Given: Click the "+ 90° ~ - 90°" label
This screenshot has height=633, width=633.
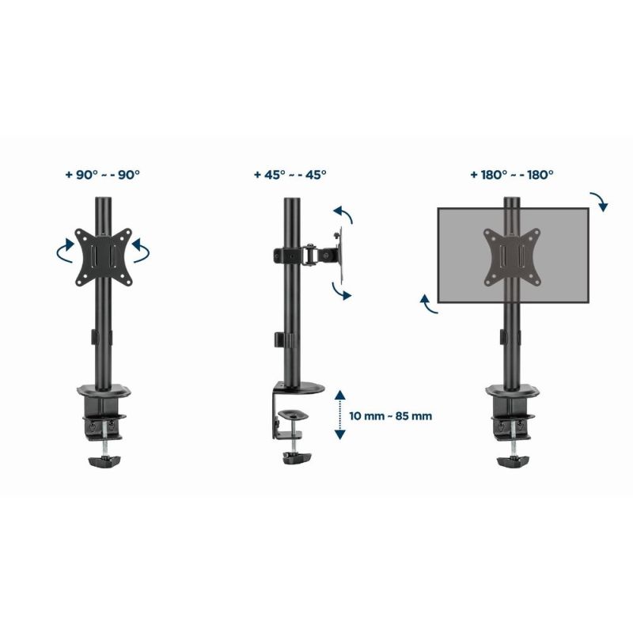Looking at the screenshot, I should [103, 175].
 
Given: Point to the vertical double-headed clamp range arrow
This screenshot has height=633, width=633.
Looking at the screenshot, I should [339, 414].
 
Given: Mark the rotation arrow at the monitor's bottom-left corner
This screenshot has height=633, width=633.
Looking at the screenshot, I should [427, 304].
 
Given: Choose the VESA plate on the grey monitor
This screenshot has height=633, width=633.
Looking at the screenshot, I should [512, 255].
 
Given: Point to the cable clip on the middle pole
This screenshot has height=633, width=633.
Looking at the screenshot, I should [282, 339].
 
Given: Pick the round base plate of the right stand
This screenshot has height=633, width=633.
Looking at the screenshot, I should [511, 392].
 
